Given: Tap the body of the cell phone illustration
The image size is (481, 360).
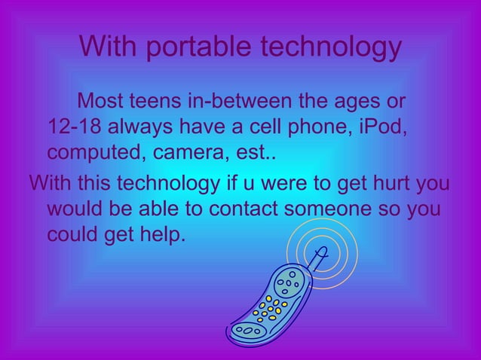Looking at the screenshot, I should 271,301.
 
